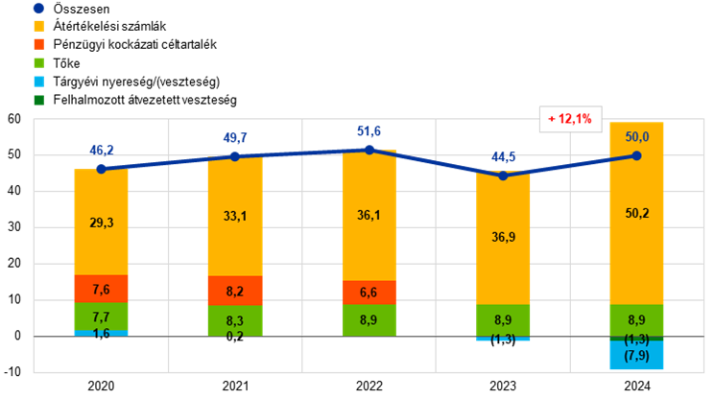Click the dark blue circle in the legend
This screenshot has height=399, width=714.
click(x=38, y=8)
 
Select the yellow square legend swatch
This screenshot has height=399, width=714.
click(x=38, y=26)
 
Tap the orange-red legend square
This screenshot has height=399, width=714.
click(x=38, y=44)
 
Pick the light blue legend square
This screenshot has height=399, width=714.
click(x=38, y=82)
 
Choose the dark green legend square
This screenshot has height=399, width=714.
click(x=38, y=100)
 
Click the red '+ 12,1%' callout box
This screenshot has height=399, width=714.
click(x=570, y=119)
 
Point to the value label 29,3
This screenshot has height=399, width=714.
click(x=102, y=223)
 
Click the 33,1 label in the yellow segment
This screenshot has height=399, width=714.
click(x=235, y=216)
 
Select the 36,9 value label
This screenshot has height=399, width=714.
click(x=503, y=237)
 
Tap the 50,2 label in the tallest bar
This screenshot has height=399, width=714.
click(x=636, y=213)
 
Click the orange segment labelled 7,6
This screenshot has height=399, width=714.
click(x=102, y=289)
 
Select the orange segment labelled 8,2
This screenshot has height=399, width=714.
click(x=235, y=291)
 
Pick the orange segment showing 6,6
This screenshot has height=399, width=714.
click(x=369, y=293)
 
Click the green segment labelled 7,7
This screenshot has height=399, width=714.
click(x=102, y=317)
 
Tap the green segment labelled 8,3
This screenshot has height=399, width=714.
click(x=235, y=319)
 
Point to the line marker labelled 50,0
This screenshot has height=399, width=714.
click(x=636, y=154)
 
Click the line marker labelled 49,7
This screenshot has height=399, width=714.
click(x=235, y=156)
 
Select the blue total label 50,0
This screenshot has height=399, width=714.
click(x=636, y=137)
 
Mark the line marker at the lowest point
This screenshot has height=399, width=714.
click(x=503, y=176)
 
